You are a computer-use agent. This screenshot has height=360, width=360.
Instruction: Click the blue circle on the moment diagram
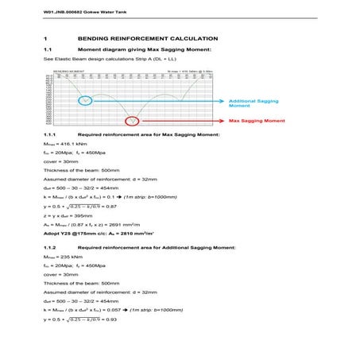tap(84, 100)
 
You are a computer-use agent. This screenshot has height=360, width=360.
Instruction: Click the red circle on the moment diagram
tap(133, 121)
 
